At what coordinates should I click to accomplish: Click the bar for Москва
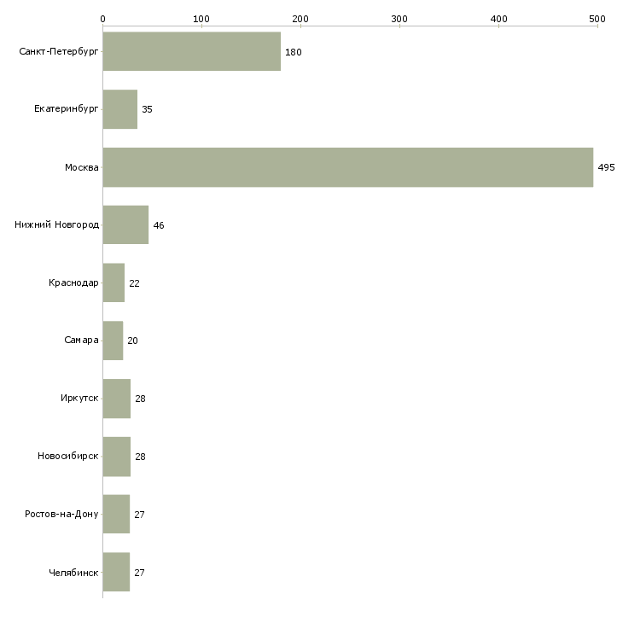coord(347,167)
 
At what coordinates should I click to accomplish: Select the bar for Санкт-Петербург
coord(191,52)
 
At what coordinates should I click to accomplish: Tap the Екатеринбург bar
coord(119,109)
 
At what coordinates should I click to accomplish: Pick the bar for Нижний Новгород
coord(125,225)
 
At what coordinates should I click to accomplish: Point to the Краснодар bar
coord(114,282)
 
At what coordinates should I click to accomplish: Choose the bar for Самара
coord(113,341)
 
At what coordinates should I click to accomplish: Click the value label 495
coord(606,168)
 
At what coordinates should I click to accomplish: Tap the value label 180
coord(294,53)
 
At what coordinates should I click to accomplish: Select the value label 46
coord(159,226)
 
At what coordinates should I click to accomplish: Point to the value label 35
coord(148,110)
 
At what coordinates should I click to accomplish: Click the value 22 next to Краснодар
coord(134,283)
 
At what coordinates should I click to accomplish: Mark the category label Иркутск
coord(79,399)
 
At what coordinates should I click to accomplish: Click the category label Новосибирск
coord(68,457)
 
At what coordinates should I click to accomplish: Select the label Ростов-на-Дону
coord(62,515)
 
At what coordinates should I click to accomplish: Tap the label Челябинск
coord(74,573)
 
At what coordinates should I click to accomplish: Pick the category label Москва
coord(82,167)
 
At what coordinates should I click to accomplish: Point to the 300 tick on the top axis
coord(399,18)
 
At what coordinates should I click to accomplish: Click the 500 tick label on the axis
coord(597,18)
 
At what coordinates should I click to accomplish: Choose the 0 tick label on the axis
coord(102,18)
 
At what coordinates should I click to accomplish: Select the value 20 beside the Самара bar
coord(132,341)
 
